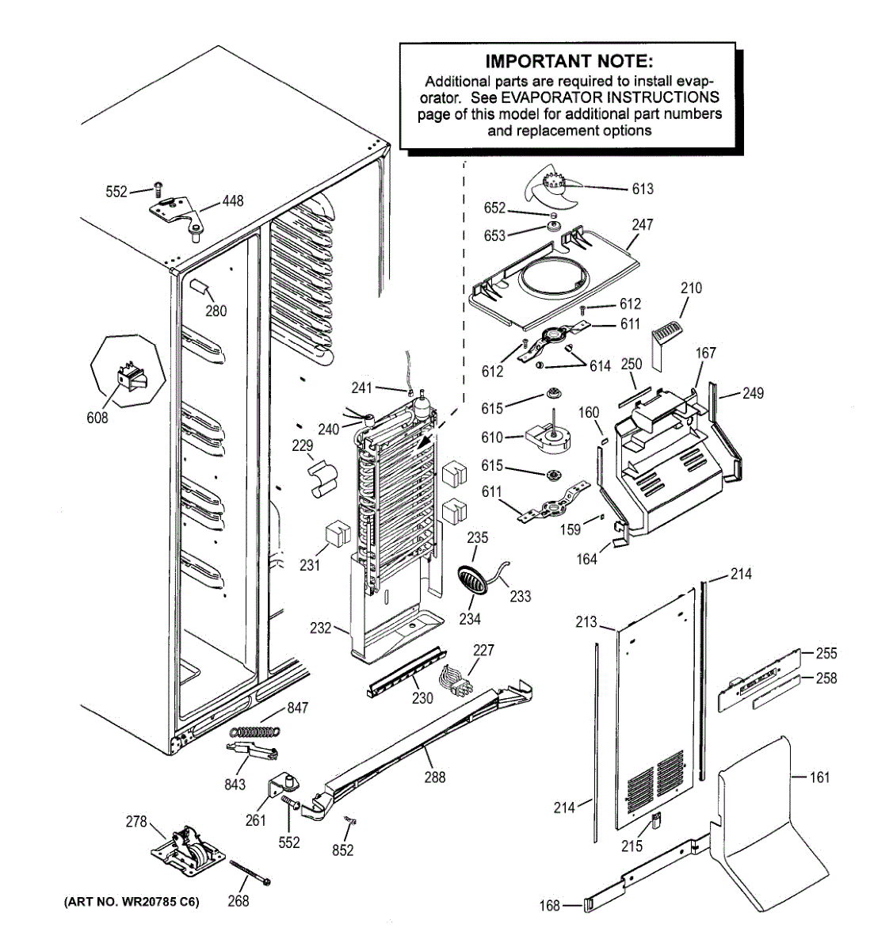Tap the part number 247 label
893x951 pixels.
pyautogui.click(x=642, y=224)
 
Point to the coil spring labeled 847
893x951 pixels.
pyautogui.click(x=255, y=731)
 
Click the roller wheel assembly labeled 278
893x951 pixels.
pyautogui.click(x=188, y=853)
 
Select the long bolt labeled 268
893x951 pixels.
pyautogui.click(x=250, y=873)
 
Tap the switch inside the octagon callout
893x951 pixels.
pyautogui.click(x=132, y=377)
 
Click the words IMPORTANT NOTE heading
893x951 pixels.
pyautogui.click(x=569, y=61)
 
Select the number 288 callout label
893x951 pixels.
pyautogui.click(x=434, y=777)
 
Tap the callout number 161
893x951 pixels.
pyautogui.click(x=819, y=777)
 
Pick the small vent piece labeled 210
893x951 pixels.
pyautogui.click(x=666, y=343)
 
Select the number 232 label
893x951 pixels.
pyautogui.click(x=320, y=628)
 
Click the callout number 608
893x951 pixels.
pyautogui.click(x=97, y=418)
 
